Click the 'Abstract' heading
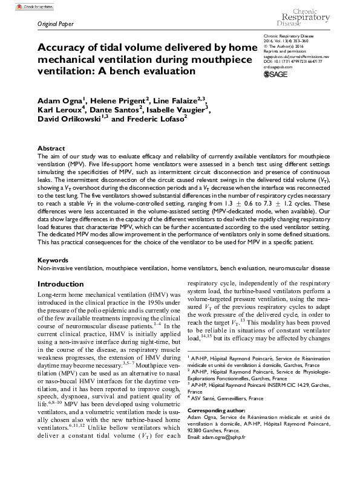(51, 148)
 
